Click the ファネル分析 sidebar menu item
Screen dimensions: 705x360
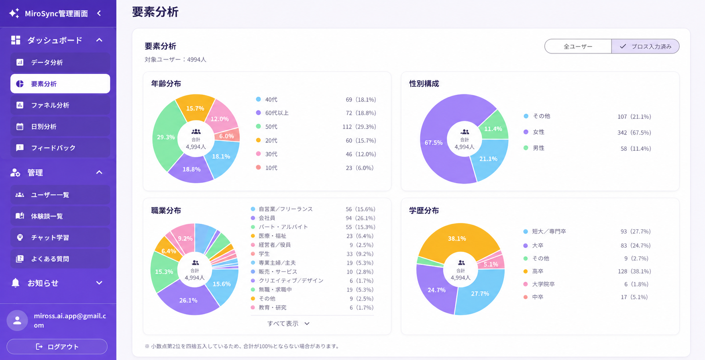click(60, 105)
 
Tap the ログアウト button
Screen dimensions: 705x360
click(57, 346)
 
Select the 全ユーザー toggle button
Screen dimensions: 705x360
click(578, 47)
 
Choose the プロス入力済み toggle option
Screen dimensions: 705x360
click(645, 47)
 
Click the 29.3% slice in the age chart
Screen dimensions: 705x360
click(165, 137)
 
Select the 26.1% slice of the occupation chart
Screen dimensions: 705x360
click(188, 299)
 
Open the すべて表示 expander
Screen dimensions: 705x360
click(288, 324)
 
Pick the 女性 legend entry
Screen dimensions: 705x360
click(534, 132)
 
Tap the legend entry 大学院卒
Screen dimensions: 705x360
click(539, 284)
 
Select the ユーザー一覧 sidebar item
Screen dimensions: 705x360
click(60, 195)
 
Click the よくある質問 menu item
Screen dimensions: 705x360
click(60, 259)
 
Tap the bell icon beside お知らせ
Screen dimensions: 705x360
click(16, 283)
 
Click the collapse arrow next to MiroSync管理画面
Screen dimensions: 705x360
click(99, 13)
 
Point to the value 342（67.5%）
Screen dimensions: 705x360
click(634, 133)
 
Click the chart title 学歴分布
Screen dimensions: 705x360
click(424, 211)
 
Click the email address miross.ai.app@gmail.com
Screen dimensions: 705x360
click(70, 321)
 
